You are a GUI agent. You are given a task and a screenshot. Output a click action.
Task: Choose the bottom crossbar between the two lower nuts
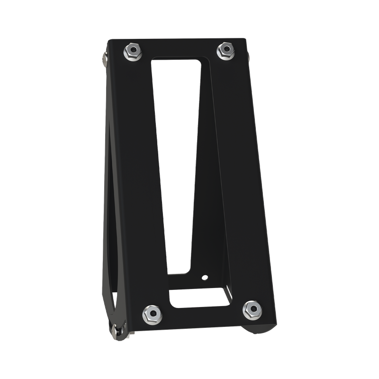click(201, 316)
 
